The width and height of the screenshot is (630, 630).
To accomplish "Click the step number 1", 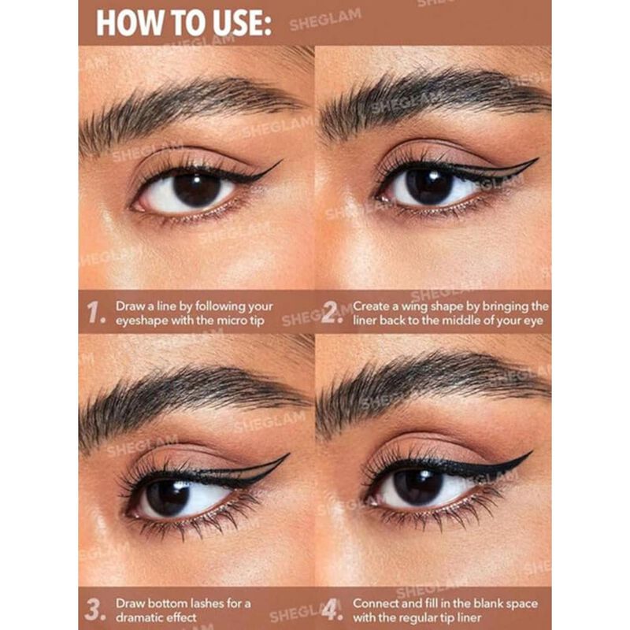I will (96, 313).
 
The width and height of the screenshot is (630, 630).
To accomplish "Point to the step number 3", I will (96, 610).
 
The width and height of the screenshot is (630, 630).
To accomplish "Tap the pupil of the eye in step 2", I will (430, 187).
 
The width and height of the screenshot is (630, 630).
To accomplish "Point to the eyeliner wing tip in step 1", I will (280, 162).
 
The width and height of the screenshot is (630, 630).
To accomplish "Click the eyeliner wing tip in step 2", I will (536, 161).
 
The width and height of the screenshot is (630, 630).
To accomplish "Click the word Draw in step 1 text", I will (130, 306).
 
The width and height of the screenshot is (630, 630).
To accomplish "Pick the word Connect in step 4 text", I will (376, 603).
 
